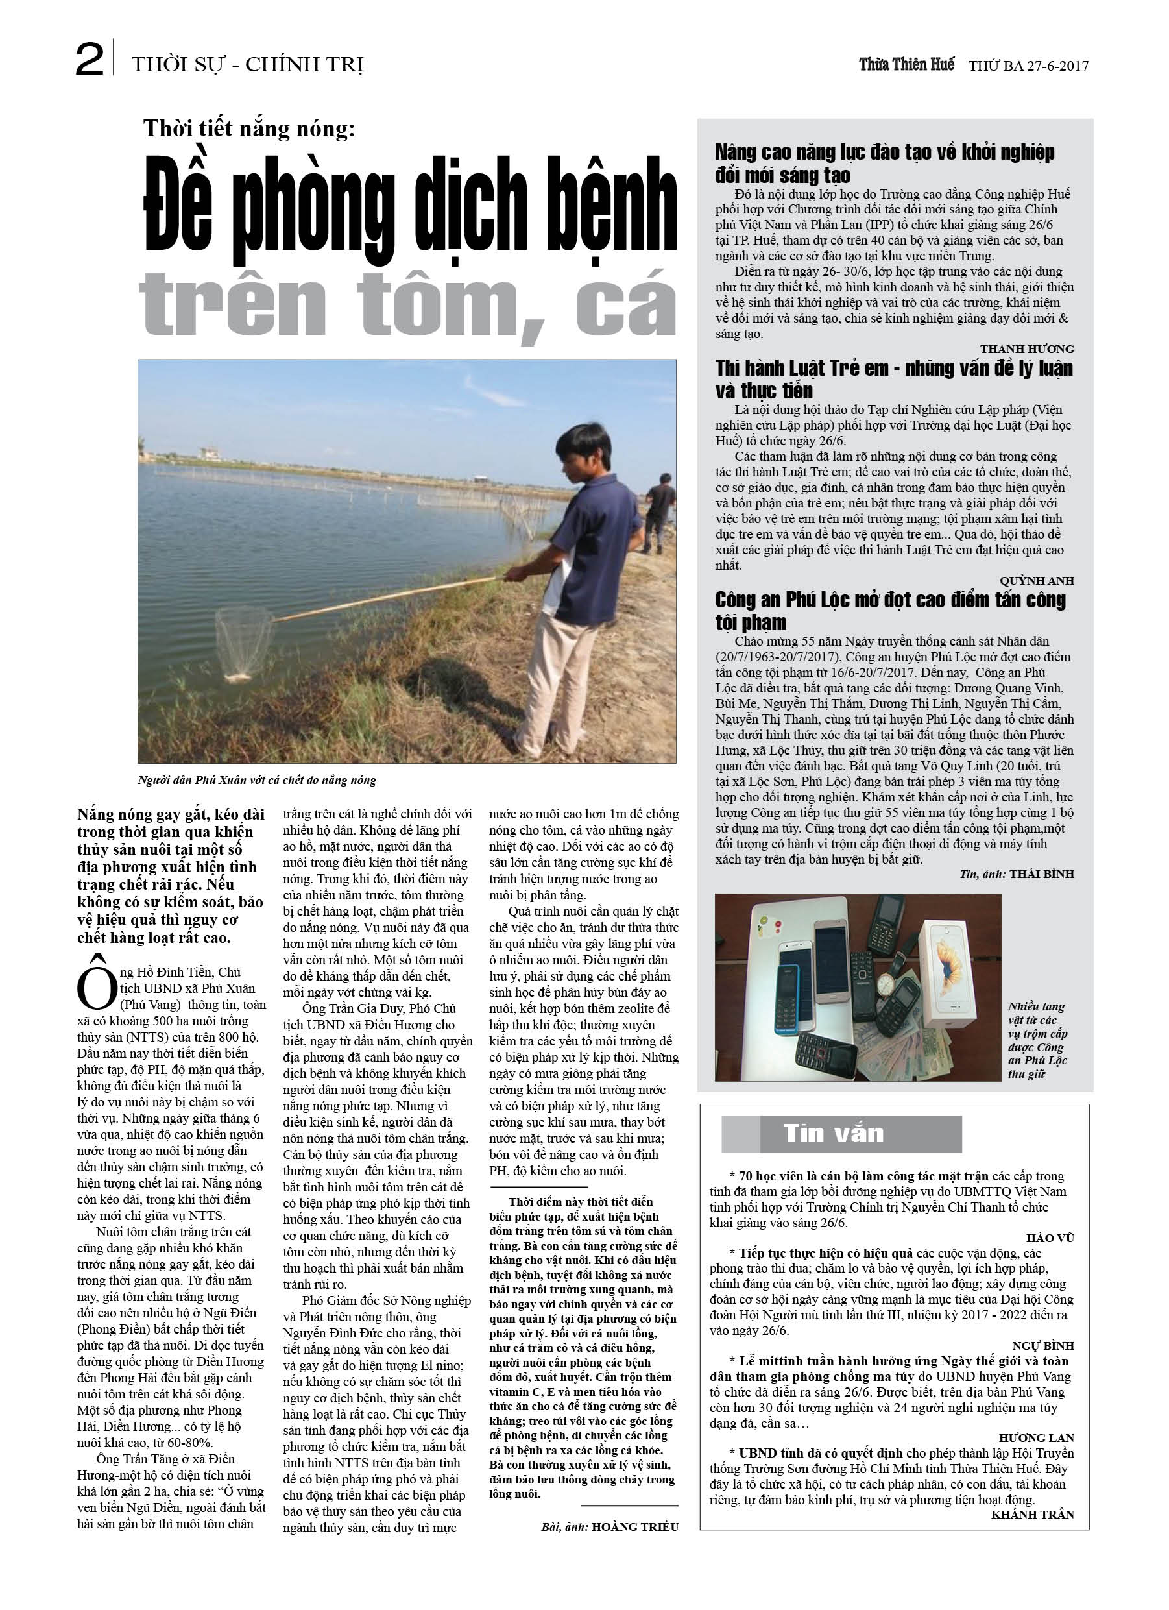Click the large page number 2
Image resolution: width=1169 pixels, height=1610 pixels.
point(90,61)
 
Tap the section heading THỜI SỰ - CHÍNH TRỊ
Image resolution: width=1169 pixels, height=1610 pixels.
point(247,66)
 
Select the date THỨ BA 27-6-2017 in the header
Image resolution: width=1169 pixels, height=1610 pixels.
point(1028,66)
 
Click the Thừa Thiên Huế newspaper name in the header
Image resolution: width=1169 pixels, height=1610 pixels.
point(906,65)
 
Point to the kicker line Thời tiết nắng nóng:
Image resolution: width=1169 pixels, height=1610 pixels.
point(248,128)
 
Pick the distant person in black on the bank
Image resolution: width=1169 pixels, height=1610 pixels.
point(658,509)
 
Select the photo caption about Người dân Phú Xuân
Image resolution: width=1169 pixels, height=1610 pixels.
point(257,780)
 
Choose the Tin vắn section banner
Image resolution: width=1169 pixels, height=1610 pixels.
point(841,1134)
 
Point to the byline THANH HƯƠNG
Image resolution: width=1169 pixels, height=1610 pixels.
point(1027,349)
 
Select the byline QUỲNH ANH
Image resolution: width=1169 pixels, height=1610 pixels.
point(1036,581)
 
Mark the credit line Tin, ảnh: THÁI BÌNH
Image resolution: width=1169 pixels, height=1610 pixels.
point(1017,874)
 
